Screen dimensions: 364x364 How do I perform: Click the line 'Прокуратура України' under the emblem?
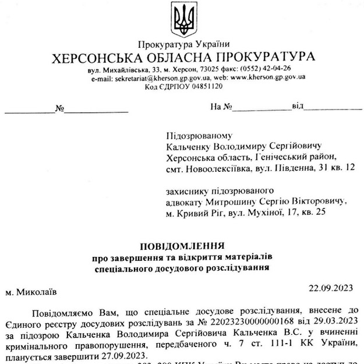pyautogui.click(x=183, y=45)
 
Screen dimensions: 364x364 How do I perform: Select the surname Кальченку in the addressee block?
pyautogui.click(x=187, y=146)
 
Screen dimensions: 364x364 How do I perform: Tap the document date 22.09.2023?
pyautogui.click(x=331, y=287)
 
